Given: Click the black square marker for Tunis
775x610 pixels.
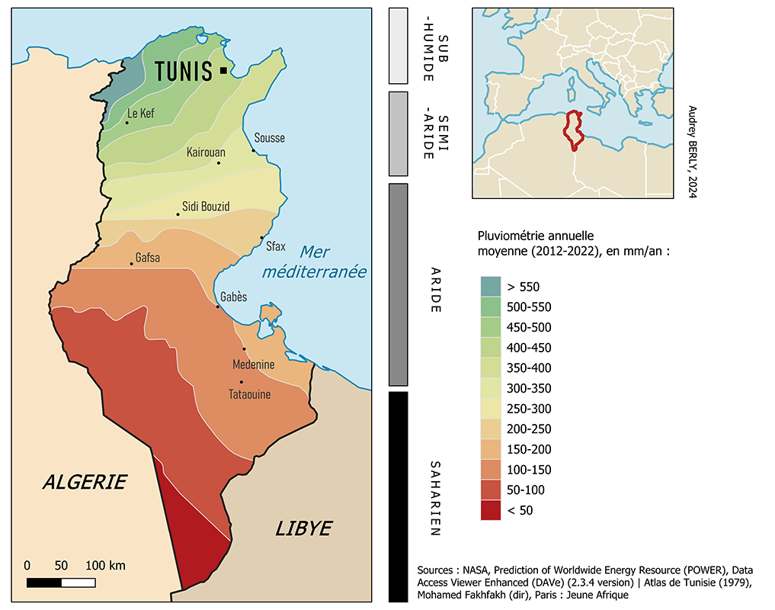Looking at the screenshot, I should [223, 70].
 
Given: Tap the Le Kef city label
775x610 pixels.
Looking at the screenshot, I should [141, 114].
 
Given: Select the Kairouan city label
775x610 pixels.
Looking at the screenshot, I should [206, 152].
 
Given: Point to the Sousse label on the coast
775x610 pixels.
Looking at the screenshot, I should [270, 138].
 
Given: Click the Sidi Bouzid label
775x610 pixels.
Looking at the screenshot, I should [206, 206].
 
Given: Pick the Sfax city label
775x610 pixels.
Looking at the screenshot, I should [275, 246].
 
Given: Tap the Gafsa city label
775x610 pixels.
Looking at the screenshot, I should [147, 257].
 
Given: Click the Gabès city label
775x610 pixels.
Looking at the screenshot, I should [233, 297].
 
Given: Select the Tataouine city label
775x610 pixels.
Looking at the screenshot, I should [249, 395].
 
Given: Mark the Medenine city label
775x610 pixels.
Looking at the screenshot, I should [253, 364].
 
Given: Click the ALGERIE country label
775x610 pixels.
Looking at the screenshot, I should [85, 482].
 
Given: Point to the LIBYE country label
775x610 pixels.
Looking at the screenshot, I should [303, 528].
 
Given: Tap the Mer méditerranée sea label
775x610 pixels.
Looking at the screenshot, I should [314, 262].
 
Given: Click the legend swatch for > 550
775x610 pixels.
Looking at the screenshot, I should [492, 287].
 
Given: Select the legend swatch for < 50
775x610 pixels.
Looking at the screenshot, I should [492, 510].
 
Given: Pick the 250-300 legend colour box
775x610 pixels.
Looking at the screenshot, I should [492, 409].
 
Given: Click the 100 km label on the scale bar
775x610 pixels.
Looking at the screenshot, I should [105, 566].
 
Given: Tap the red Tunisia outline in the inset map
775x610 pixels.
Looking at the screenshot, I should [573, 130].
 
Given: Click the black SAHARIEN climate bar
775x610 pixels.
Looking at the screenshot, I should [399, 496].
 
